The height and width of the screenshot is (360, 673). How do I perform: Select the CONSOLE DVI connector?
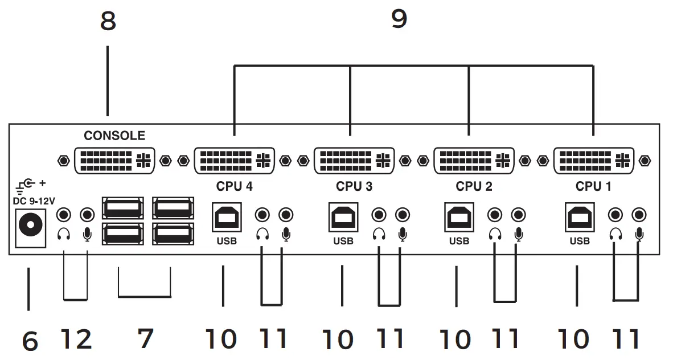[114, 161]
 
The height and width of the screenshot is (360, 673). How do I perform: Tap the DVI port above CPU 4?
[234, 161]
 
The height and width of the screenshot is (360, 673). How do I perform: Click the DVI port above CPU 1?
[593, 161]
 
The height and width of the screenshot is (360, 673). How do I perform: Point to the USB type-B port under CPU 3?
[343, 217]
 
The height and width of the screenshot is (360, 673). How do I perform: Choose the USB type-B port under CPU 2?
[459, 217]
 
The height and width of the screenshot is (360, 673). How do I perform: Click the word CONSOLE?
[114, 136]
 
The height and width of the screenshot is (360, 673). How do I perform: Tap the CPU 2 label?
[474, 186]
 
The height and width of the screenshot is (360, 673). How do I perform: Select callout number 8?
[108, 21]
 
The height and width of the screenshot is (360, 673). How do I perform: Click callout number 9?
[399, 19]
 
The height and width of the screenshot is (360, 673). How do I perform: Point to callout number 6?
[30, 341]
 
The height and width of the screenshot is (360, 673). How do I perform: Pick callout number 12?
[75, 339]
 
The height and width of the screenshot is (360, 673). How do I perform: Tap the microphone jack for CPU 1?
[639, 215]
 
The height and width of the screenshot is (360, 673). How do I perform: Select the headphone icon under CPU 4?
[262, 234]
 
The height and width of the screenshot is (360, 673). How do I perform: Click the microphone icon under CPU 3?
[403, 234]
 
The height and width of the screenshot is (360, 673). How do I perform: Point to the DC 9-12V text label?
[34, 201]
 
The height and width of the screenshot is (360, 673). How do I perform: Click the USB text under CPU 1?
[580, 241]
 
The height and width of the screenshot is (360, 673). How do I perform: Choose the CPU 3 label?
[354, 186]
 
